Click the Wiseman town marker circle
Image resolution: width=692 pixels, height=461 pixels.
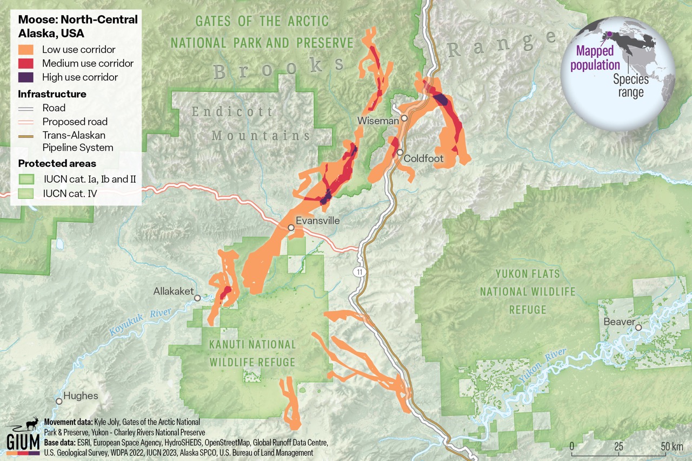coord(404,118)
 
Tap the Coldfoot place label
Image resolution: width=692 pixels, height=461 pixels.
coord(424,159)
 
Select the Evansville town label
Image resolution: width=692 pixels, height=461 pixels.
coord(317,221)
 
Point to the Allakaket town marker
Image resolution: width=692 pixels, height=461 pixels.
coord(197,298)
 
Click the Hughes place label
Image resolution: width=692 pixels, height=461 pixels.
coord(81,396)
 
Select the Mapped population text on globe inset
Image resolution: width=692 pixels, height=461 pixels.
coord(597,58)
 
